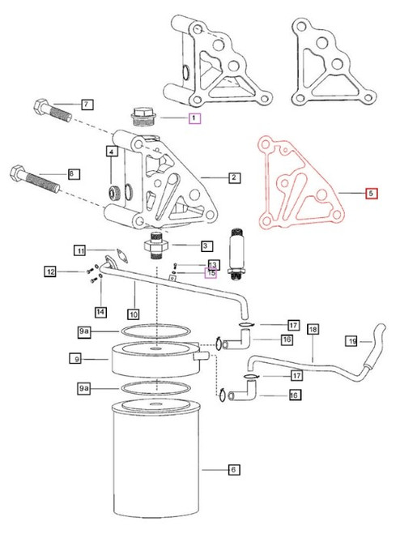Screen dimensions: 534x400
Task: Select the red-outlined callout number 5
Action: [x=370, y=194]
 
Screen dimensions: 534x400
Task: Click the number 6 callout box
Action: [x=212, y=468]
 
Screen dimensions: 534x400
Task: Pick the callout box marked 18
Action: [x=313, y=330]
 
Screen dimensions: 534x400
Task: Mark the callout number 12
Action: [x=50, y=271]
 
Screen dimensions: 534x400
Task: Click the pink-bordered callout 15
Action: [x=211, y=274]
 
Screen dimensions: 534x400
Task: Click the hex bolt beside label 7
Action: [x=50, y=111]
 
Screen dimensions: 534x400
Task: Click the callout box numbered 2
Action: [x=233, y=176]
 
